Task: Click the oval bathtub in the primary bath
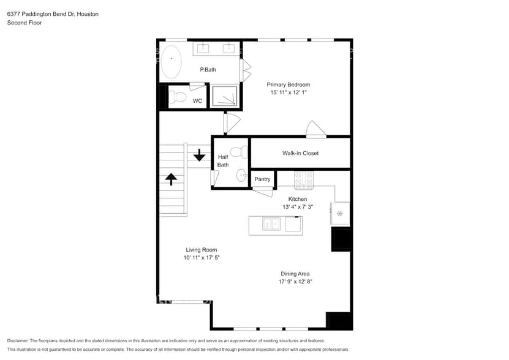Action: click(172, 61)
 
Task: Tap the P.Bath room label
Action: click(208, 70)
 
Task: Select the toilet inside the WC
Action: click(178, 97)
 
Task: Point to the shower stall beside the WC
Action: click(224, 97)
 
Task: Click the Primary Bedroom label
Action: click(288, 84)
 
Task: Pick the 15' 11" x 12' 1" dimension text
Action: click(288, 92)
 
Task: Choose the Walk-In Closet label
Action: click(300, 153)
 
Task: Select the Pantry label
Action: click(262, 179)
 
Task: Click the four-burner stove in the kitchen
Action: click(304, 178)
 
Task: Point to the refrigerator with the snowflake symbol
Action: click(340, 214)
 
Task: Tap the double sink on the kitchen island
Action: click(271, 225)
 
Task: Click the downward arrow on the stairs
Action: click(199, 155)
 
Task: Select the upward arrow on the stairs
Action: click(171, 178)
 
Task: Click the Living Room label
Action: click(202, 250)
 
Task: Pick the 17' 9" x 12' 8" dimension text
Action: click(296, 282)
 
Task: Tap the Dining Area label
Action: click(296, 274)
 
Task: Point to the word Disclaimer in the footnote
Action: click(20, 340)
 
